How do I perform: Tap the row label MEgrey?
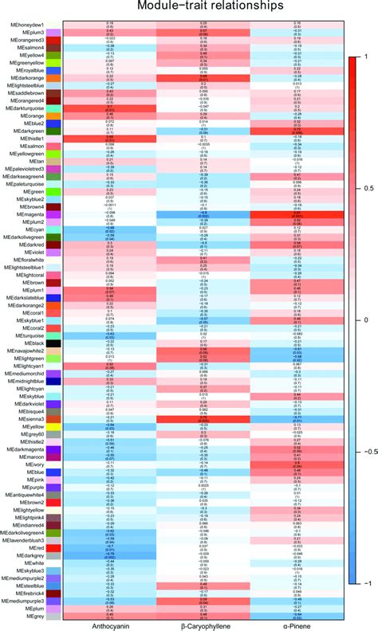pos(33,616)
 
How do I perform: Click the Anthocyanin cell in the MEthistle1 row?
pos(108,138)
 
